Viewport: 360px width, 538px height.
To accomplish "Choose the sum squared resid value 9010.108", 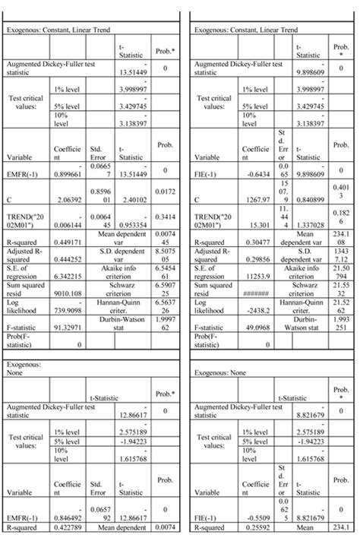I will (67, 315).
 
